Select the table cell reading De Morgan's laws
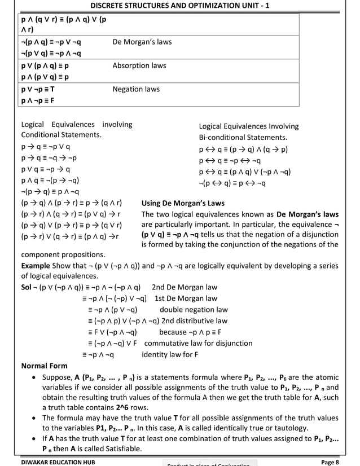click(x=142, y=42)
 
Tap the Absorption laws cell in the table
click(x=139, y=66)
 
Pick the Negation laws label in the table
click(x=135, y=89)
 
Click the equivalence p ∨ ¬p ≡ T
click(x=38, y=90)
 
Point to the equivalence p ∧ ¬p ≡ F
click(x=38, y=101)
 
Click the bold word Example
click(x=35, y=265)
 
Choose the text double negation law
click(x=194, y=310)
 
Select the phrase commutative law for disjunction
click(x=198, y=343)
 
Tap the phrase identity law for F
click(x=170, y=354)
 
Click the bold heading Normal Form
click(x=44, y=366)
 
